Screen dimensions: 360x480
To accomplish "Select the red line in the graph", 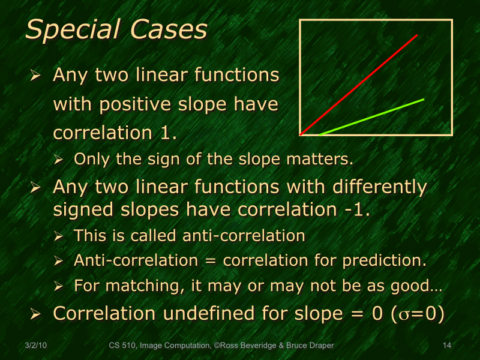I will click(360, 83).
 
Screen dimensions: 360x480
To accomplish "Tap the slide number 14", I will click(446, 346).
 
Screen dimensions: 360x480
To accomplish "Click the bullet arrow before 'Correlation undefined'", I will click(35, 314).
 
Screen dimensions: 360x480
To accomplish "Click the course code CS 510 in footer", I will click(122, 346).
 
